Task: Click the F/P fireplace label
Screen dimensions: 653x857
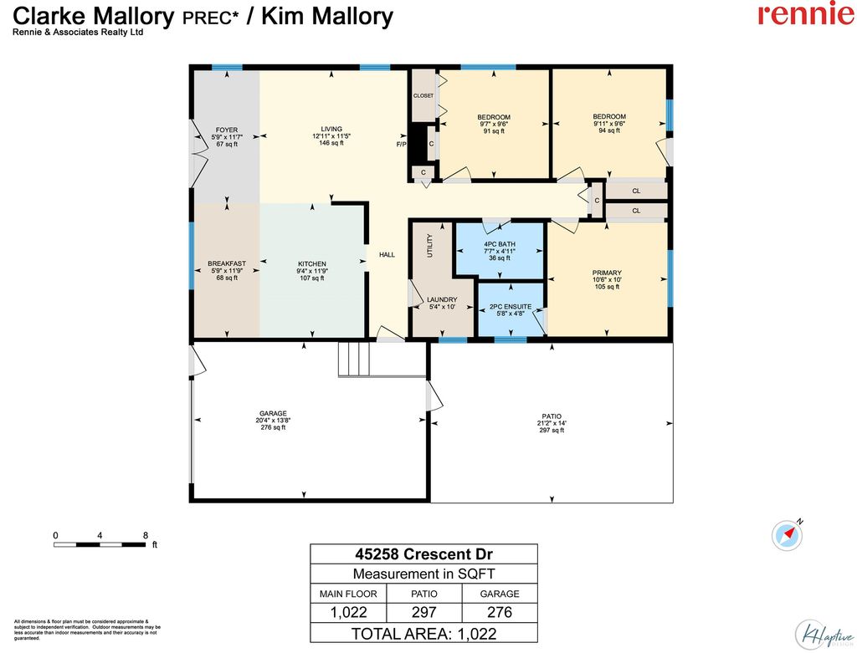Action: click(x=401, y=145)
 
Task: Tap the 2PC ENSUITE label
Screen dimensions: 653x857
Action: click(x=511, y=307)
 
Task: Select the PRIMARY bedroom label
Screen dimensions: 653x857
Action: click(x=607, y=273)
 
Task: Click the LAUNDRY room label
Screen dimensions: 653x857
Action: click(x=441, y=299)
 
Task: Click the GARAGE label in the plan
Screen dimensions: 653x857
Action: click(x=273, y=414)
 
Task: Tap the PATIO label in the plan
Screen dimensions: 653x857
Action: click(x=551, y=416)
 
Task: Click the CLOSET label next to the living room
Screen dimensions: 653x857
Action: click(x=423, y=96)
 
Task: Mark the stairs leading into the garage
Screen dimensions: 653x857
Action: click(x=353, y=360)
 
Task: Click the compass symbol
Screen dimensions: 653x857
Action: click(x=788, y=533)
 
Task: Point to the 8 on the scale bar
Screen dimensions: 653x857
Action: click(x=146, y=535)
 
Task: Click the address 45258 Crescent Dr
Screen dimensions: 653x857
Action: click(x=423, y=554)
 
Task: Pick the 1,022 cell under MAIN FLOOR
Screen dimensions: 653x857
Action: click(x=348, y=613)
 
